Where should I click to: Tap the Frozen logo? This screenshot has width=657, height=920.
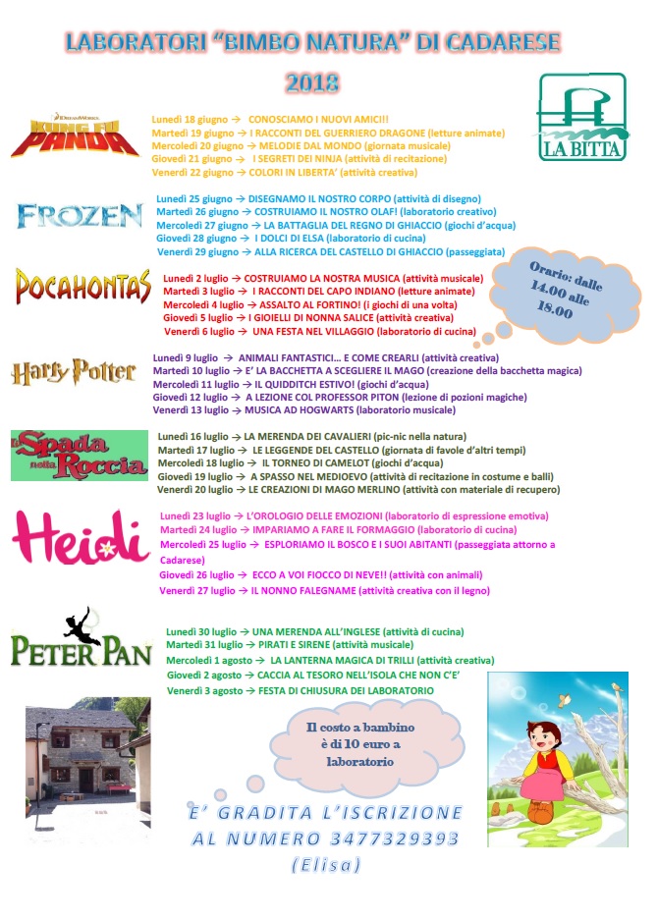[80, 215]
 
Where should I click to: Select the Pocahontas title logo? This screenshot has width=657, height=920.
[82, 286]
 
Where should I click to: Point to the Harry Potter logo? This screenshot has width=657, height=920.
[74, 372]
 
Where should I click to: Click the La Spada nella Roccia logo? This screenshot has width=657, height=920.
[78, 454]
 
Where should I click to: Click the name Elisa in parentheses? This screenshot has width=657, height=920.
[326, 865]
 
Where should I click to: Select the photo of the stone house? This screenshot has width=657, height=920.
[86, 749]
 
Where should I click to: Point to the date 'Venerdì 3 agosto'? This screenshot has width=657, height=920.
[204, 691]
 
